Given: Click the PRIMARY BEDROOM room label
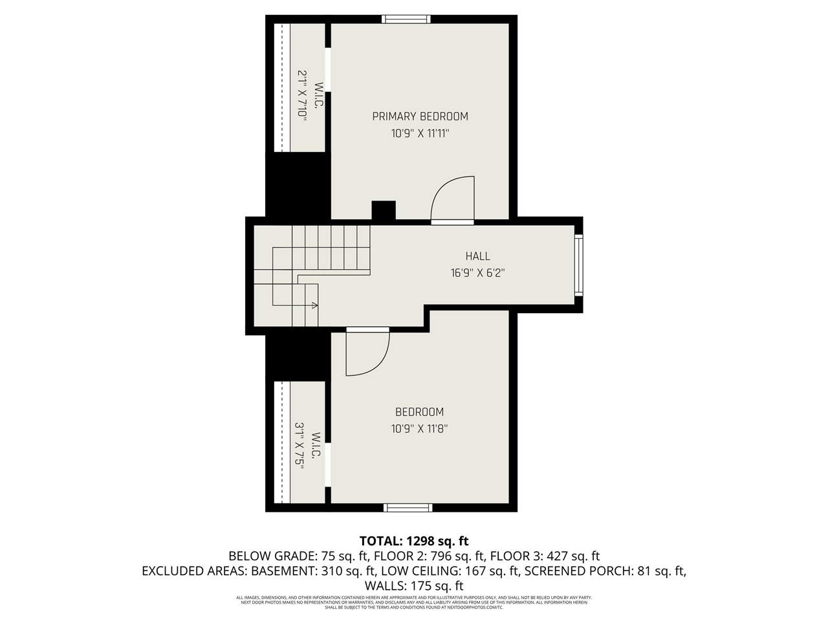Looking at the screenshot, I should (420, 116).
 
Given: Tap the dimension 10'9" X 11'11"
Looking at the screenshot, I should (420, 134).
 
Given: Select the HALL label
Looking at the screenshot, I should (477, 256).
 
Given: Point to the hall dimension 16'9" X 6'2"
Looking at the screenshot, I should (477, 273).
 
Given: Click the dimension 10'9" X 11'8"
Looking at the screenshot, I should (419, 428).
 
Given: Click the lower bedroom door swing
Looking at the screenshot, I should (367, 352).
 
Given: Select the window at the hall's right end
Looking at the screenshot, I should (578, 265).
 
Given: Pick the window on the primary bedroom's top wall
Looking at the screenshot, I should (406, 19).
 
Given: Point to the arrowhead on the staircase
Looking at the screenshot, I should (314, 305).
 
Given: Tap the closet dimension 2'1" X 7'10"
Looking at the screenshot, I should (301, 94).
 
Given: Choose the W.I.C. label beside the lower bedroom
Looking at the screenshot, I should (316, 446).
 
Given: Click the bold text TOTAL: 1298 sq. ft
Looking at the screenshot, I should (414, 541).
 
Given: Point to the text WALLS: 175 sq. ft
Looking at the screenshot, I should (414, 586).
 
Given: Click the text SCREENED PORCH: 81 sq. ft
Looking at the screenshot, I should (605, 571).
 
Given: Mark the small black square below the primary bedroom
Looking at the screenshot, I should (384, 211).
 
